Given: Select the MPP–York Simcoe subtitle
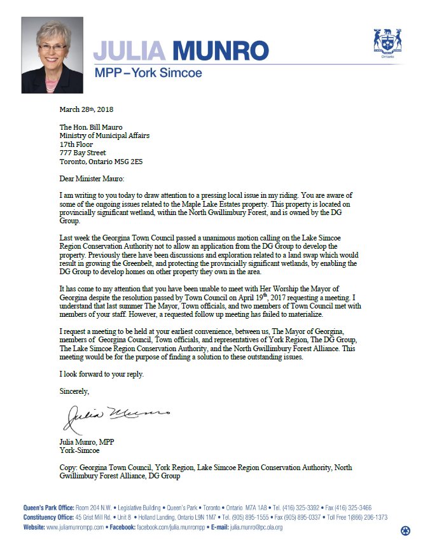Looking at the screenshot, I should tap(148, 73).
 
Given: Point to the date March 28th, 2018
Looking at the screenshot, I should tap(86, 109).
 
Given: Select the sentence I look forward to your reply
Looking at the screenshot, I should tap(101, 373).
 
